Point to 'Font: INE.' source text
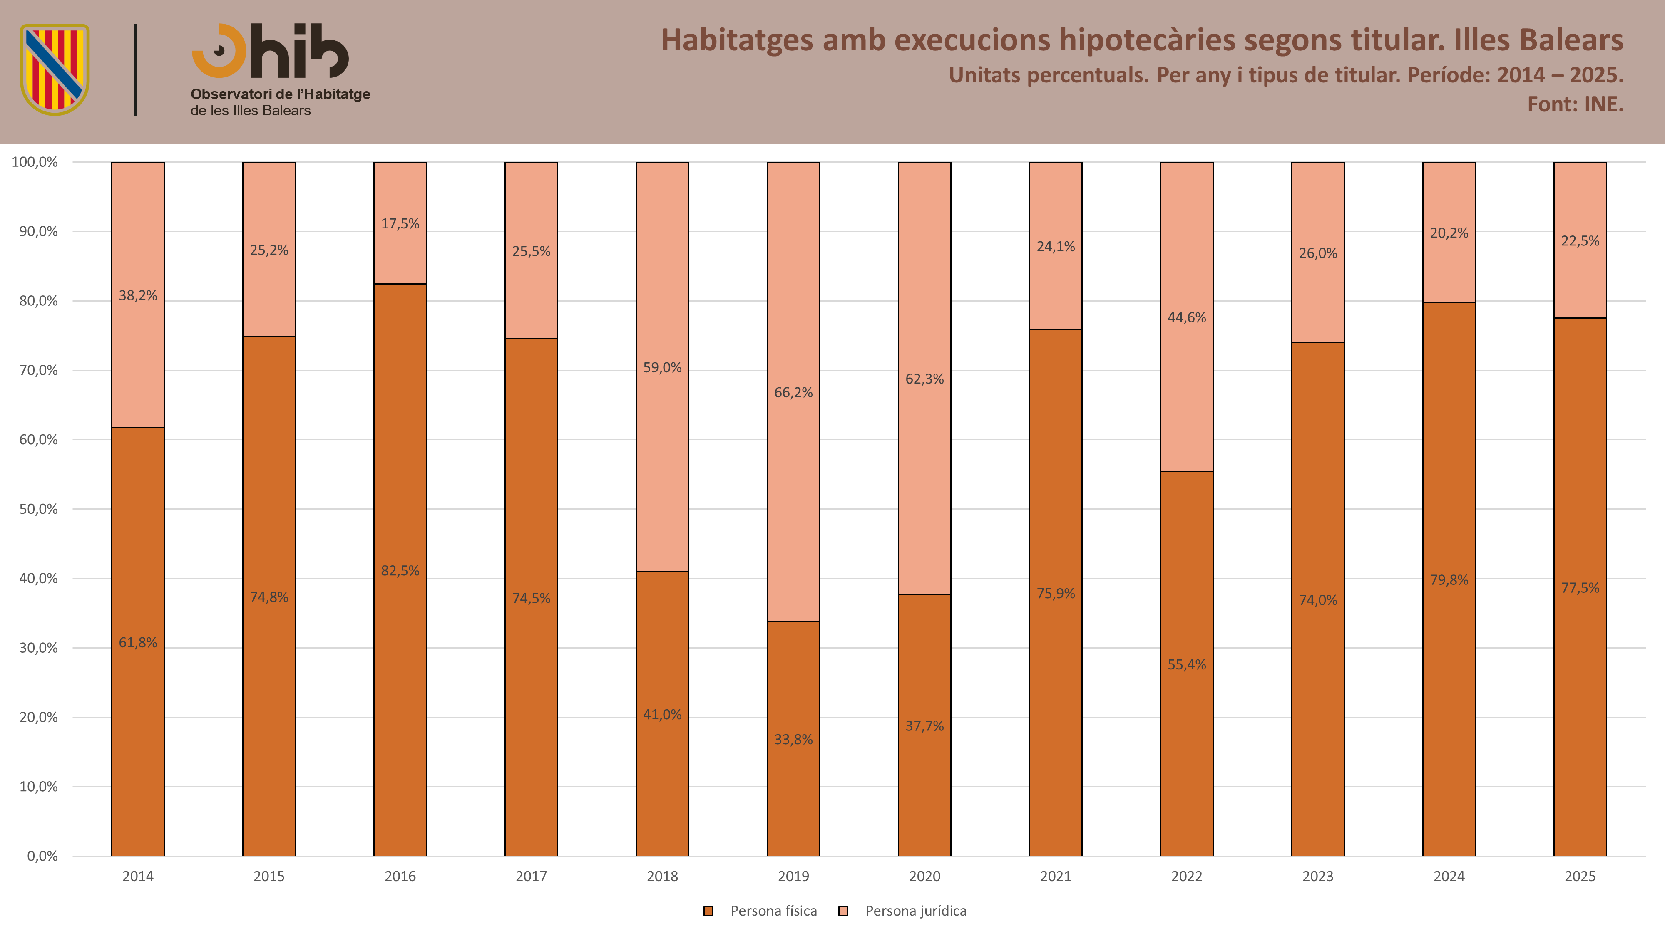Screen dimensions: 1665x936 [1575, 104]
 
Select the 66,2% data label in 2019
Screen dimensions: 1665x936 [793, 392]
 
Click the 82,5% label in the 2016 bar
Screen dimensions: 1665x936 [400, 570]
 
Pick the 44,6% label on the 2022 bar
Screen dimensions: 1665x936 [1187, 317]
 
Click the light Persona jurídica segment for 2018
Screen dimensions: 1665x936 [662, 366]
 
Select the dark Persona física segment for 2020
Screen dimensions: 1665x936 [924, 725]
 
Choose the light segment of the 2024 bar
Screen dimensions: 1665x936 [1449, 232]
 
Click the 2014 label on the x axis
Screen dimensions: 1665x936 [138, 876]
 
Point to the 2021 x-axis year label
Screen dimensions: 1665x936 [1056, 876]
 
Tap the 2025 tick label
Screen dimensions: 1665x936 [1580, 876]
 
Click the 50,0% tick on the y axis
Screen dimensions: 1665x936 [38, 509]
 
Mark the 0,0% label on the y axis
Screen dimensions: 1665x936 [42, 856]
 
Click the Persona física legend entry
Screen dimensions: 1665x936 [761, 911]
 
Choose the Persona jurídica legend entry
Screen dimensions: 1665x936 [902, 911]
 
